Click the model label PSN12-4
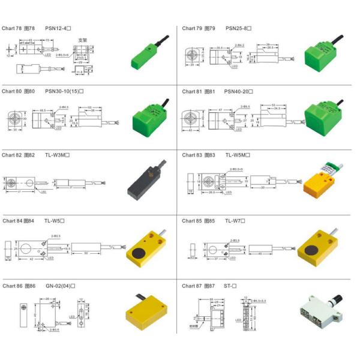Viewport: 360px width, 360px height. [58, 28]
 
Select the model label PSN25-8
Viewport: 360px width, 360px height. [238, 28]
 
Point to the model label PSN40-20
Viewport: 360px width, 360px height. [239, 91]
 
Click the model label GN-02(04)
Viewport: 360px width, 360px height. [60, 286]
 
